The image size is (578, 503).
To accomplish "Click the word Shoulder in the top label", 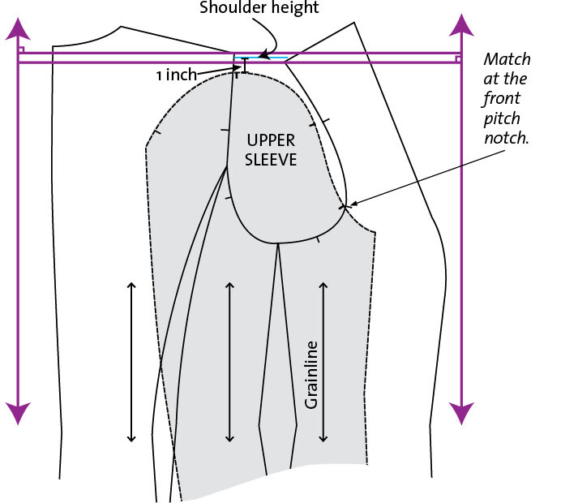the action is [228, 7].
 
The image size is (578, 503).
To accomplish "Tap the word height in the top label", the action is [289, 8].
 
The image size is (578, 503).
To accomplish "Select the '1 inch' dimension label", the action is [177, 75].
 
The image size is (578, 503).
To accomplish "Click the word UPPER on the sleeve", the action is [271, 140].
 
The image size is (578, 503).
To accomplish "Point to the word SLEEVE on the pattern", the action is [271, 160].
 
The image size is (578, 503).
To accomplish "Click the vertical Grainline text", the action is [311, 375].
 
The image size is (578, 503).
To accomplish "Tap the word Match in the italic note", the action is [507, 59].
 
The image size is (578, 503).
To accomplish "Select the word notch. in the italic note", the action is [507, 138].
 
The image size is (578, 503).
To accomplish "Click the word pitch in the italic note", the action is [502, 118].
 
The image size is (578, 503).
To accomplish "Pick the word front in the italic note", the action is [501, 98].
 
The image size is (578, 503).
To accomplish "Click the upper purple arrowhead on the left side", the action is [18, 28].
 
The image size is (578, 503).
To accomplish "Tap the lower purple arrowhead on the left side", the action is [18, 414].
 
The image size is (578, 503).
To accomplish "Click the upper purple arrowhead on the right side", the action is [461, 25].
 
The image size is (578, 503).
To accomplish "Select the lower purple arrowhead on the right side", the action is [461, 414].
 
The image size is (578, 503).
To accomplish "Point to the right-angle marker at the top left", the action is [21, 49].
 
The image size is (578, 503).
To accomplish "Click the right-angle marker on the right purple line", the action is [458, 59].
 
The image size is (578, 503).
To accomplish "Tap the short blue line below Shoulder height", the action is [261, 58].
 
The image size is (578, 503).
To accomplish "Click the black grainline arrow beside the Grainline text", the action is [323, 362].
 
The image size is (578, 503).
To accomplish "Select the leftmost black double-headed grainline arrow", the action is [131, 362].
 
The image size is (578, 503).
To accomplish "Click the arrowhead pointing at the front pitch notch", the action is [353, 203].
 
